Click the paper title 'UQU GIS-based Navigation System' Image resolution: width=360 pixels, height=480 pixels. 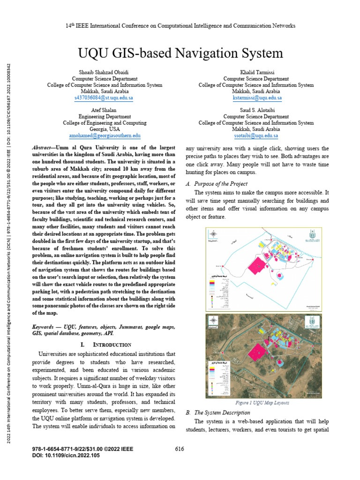[180, 52]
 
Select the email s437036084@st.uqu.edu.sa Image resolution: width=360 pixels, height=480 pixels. [104, 98]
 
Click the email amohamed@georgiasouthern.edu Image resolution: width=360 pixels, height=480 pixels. [105, 135]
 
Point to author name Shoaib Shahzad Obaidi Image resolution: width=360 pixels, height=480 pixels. [105, 73]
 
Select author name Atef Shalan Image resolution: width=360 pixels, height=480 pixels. [105, 110]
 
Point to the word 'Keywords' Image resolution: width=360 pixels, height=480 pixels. [45, 326]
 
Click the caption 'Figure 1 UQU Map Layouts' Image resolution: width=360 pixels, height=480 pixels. [262, 403]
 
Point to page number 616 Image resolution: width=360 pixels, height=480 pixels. [179, 449]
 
